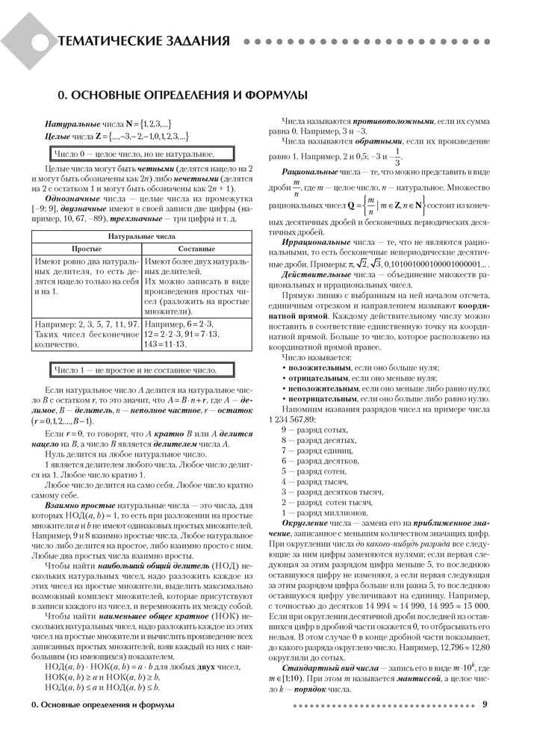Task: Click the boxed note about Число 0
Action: pos(123,154)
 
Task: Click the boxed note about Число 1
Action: pos(134,370)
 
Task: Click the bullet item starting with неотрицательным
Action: pos(325,400)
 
